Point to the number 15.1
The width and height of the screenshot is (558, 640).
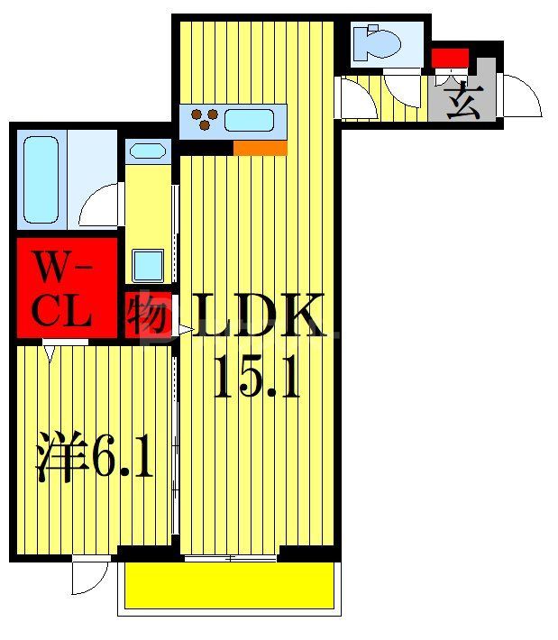[256, 379]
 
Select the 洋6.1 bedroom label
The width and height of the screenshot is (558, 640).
[93, 457]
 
